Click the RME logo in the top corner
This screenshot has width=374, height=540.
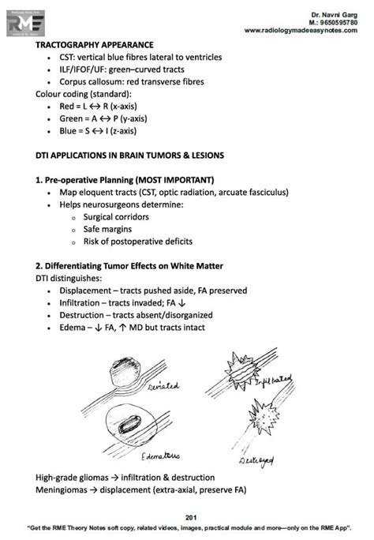tap(22, 23)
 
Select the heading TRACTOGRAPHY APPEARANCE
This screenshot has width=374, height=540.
tap(95, 45)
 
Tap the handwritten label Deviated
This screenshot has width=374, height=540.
tap(163, 387)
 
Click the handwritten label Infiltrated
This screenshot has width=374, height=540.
tap(272, 384)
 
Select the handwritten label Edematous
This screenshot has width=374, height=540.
tap(160, 456)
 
